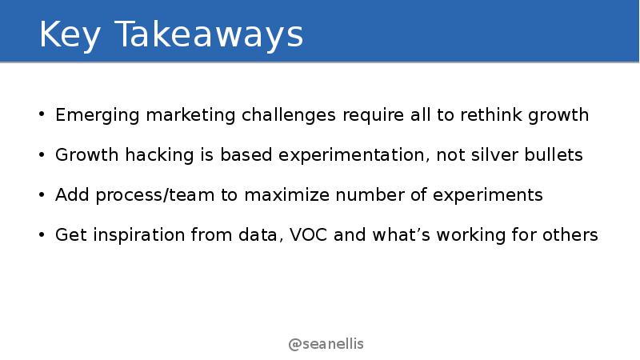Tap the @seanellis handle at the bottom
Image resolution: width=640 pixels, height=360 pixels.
click(x=326, y=344)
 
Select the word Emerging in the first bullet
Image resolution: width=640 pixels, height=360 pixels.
click(x=98, y=115)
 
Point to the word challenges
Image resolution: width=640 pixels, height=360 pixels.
click(x=289, y=115)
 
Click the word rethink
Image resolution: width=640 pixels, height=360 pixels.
click(x=491, y=114)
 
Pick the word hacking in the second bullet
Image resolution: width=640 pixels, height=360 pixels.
click(x=159, y=155)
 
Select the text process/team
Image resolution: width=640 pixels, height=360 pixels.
click(x=155, y=195)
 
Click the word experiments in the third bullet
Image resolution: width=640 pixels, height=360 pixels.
click(x=488, y=195)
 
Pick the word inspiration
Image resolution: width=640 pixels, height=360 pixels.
click(x=138, y=235)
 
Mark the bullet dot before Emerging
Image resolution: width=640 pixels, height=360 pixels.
click(x=42, y=114)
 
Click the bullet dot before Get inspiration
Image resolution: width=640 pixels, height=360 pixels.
click(x=42, y=234)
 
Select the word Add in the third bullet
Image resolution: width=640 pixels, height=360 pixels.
click(x=72, y=194)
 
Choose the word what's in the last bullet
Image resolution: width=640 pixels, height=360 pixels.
click(x=402, y=234)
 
